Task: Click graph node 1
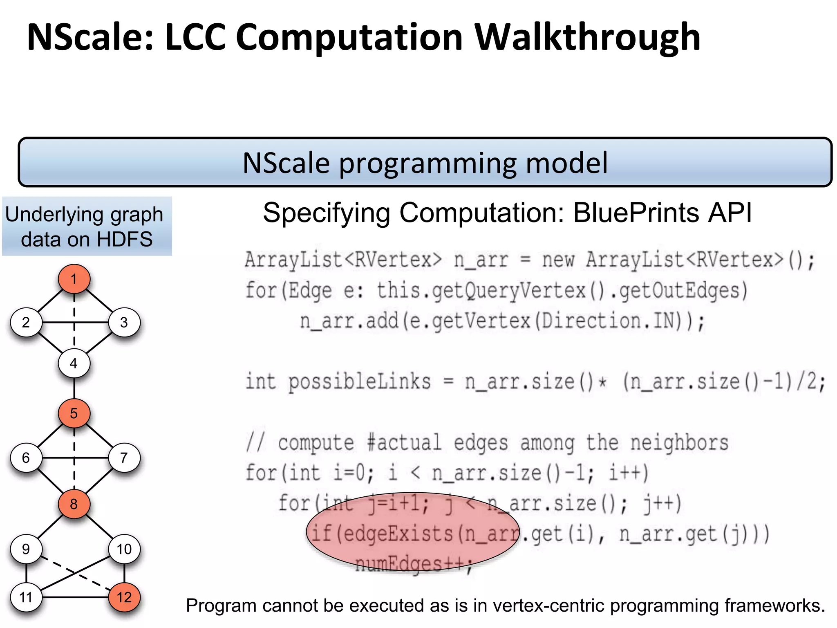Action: [74, 279]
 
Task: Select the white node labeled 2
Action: [26, 323]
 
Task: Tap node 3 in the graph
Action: [124, 323]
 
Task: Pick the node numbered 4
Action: [74, 363]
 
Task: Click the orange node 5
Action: [74, 413]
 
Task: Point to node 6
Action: [26, 458]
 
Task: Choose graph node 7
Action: [124, 458]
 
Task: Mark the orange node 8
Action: [74, 504]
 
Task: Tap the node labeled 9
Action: [26, 549]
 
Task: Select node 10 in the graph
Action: [124, 549]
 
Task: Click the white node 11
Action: [26, 597]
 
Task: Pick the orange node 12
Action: [124, 597]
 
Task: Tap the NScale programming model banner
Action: [425, 162]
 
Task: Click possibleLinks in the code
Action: [359, 382]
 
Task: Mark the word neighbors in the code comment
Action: [679, 443]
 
